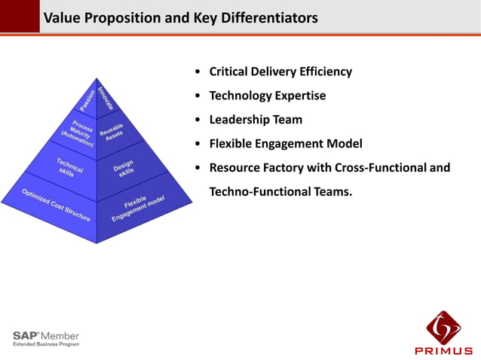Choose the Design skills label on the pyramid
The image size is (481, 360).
(124, 168)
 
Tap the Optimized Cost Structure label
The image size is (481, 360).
(56, 204)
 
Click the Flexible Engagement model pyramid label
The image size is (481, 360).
(139, 208)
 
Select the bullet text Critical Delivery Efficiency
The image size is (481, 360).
(280, 72)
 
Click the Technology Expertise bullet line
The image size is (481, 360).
(267, 96)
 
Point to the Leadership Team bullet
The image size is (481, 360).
(256, 119)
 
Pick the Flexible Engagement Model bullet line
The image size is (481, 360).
(286, 143)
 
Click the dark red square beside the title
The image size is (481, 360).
(20, 16)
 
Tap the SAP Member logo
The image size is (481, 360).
(45, 338)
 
